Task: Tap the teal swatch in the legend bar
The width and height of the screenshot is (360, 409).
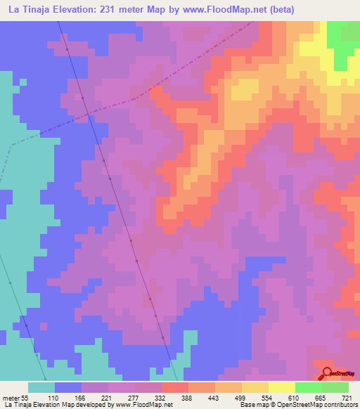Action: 41,387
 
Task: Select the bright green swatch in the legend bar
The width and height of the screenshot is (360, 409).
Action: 308,387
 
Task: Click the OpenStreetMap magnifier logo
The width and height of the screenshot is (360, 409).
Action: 328,373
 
